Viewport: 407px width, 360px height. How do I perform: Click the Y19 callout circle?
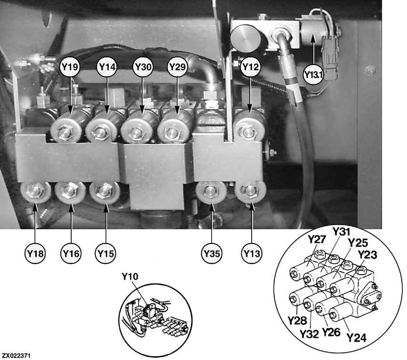(70, 67)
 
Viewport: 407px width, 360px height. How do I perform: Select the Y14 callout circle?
(107, 67)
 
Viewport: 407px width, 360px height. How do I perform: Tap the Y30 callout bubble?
(143, 67)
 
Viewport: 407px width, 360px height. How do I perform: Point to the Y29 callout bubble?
(178, 67)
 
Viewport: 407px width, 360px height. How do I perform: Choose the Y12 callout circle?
(250, 67)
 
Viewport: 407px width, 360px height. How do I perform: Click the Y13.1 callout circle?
(314, 75)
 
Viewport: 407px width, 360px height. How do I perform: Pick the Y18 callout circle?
(35, 254)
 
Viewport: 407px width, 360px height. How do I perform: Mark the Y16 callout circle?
(71, 254)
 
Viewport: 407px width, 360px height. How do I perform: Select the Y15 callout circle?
(106, 254)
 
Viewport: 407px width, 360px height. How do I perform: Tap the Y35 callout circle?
(212, 254)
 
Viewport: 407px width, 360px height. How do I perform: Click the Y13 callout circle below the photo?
(251, 254)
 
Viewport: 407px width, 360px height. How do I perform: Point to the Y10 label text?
(130, 277)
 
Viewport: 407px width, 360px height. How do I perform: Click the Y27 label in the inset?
(317, 239)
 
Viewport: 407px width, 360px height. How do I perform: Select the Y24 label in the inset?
(357, 338)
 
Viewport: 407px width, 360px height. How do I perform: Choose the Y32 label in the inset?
(309, 334)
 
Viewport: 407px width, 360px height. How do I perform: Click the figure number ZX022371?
(16, 355)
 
